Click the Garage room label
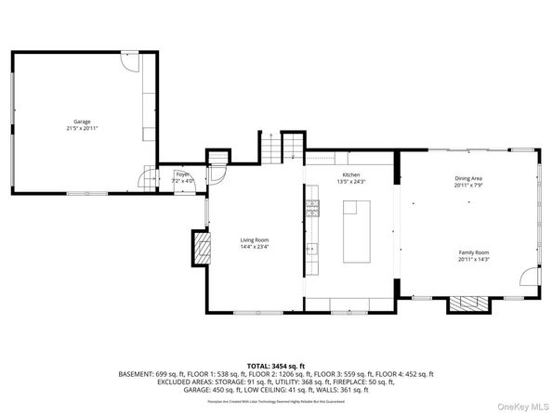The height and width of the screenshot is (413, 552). (83, 121)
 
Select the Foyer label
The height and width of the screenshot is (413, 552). (183, 174)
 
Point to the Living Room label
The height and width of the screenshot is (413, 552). (254, 239)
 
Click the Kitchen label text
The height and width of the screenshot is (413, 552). (350, 174)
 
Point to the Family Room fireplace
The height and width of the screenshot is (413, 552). (465, 303)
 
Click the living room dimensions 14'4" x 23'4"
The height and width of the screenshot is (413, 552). (254, 246)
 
